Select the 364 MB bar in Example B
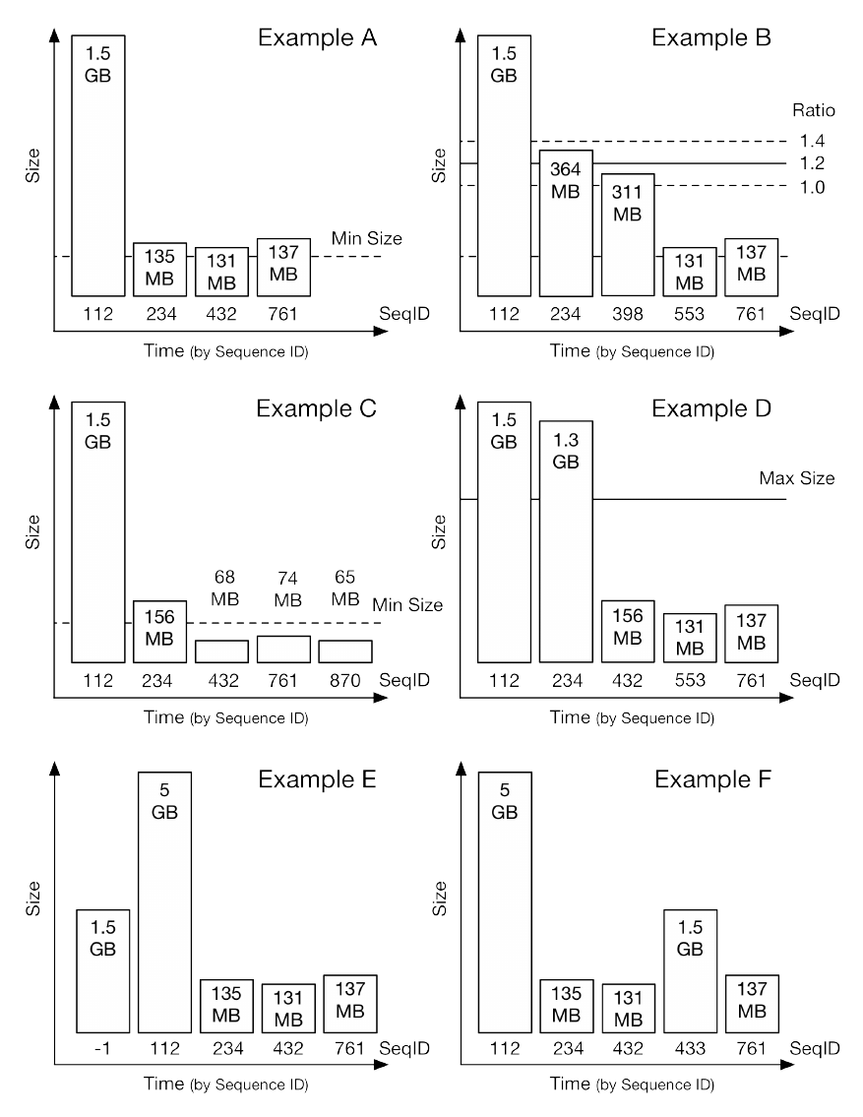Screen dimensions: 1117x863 pos(566,222)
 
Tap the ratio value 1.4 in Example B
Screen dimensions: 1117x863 pos(812,142)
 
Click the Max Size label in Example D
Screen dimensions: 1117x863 pos(796,479)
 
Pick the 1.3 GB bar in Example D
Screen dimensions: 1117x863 pos(566,541)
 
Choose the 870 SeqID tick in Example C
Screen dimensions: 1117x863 pos(344,678)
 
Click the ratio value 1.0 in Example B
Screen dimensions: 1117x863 pos(812,187)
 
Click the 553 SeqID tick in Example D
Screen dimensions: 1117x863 pos(689,678)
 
